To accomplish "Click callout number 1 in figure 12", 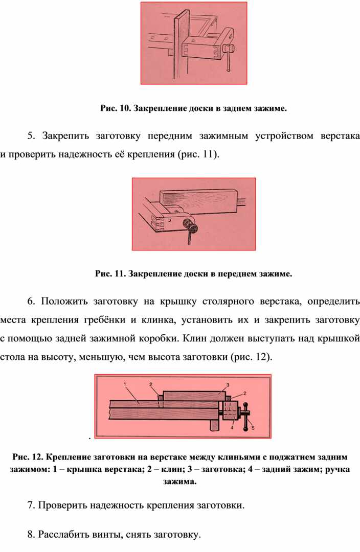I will [x=124, y=383].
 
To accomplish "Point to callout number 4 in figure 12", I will [x=233, y=428].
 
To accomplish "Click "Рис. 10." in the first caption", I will [x=116, y=108].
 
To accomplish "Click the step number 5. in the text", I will [x=32, y=136].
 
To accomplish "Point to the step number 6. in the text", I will [x=32, y=301].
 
